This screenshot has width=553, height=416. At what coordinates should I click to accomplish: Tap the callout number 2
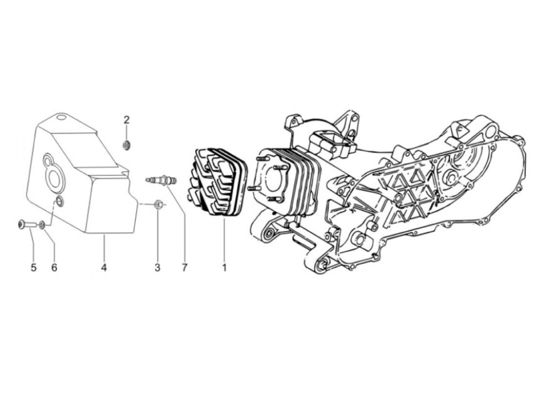pos(126,120)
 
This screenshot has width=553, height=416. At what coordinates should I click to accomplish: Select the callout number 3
pos(158,267)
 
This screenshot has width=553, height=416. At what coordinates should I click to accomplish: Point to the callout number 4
pos(104,267)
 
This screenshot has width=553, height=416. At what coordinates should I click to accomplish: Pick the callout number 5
pos(34,267)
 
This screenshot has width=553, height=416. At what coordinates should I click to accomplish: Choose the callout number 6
pos(54,267)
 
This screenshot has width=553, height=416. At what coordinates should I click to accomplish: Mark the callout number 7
pos(185,267)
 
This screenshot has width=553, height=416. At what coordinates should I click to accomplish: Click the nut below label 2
pos(126,146)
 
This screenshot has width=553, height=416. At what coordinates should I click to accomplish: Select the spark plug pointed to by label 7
pos(161,180)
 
